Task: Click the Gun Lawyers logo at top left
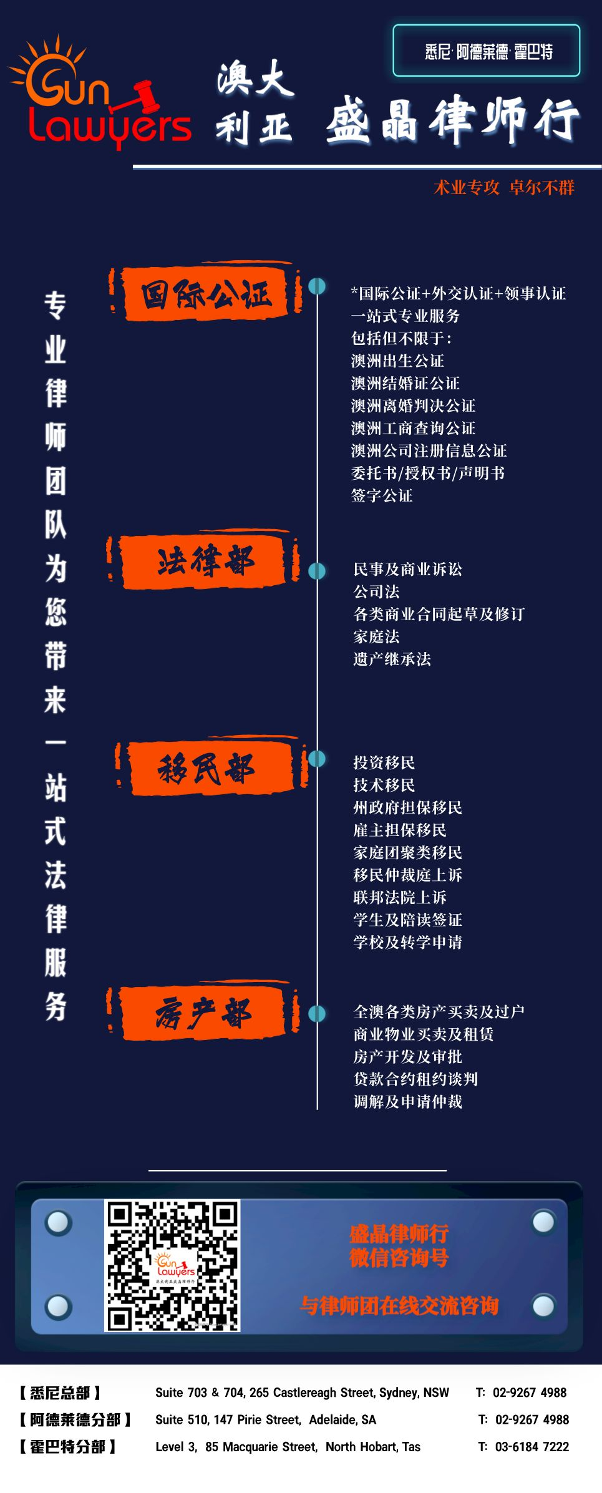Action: pyautogui.click(x=100, y=94)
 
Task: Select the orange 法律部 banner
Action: pyautogui.click(x=203, y=562)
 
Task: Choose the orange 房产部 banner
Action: pyautogui.click(x=203, y=1012)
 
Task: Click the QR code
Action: pyautogui.click(x=172, y=1265)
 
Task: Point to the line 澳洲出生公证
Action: pyautogui.click(x=397, y=361)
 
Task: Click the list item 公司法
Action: pyautogui.click(x=376, y=591)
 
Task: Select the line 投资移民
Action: pyautogui.click(x=384, y=762)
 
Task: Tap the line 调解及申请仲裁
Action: pyautogui.click(x=407, y=1102)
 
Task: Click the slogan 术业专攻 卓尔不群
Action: pyautogui.click(x=504, y=187)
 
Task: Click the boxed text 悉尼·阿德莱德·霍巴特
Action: pyautogui.click(x=488, y=51)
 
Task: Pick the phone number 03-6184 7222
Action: pyautogui.click(x=532, y=1447)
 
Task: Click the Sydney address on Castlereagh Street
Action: pyautogui.click(x=302, y=1393)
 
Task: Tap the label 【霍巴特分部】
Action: pyautogui.click(x=66, y=1447)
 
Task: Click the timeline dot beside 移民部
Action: pyautogui.click(x=317, y=759)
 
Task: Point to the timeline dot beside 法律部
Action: pyautogui.click(x=317, y=570)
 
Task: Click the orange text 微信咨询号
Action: pyautogui.click(x=399, y=1257)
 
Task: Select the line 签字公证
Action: pyautogui.click(x=382, y=495)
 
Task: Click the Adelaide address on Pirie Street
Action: pyautogui.click(x=266, y=1420)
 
